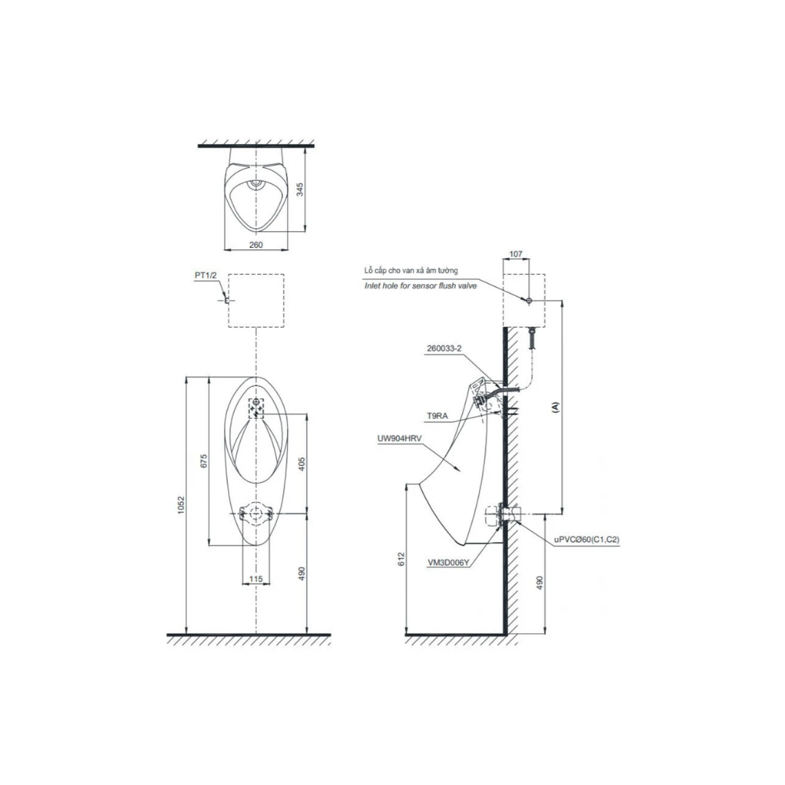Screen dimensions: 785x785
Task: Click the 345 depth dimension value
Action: [299, 190]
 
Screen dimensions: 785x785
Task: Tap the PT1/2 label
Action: [205, 275]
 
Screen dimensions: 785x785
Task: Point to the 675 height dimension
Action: [204, 461]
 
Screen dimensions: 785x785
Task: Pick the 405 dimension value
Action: [302, 464]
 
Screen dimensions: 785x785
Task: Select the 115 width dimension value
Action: [256, 579]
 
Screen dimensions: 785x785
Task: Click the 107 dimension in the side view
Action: [515, 254]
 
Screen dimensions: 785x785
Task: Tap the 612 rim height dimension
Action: [400, 559]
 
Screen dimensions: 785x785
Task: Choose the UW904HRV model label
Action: [400, 438]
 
